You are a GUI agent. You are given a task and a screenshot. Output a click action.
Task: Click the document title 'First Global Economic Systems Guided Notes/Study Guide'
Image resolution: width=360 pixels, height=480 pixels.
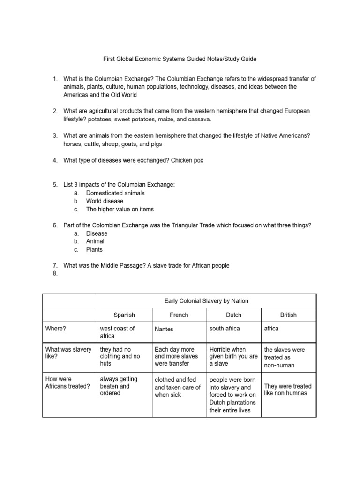coord(180,60)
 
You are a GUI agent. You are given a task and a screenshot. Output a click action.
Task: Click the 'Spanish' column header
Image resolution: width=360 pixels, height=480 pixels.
coord(124,315)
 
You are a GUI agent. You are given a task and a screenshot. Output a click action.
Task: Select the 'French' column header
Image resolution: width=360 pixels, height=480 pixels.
coord(179,315)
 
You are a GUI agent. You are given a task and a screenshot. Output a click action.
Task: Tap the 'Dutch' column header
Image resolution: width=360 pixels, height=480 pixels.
coord(233,315)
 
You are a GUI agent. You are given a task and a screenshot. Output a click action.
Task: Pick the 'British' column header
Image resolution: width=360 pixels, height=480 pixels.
coord(288,315)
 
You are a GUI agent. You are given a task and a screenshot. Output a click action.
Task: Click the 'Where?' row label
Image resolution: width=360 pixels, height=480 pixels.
coord(55,329)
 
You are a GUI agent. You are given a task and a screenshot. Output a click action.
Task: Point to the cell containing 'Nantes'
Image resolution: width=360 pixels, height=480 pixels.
coord(164,329)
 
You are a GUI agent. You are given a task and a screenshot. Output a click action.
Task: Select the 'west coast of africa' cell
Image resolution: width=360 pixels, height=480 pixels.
coord(117,332)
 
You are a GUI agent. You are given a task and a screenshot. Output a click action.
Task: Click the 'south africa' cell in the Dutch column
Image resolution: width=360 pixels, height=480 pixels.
coord(225,329)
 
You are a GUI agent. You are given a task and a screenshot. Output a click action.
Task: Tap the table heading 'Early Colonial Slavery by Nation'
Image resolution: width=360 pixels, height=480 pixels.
coord(206,301)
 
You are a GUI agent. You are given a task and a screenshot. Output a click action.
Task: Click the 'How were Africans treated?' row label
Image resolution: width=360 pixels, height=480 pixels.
coord(67,382)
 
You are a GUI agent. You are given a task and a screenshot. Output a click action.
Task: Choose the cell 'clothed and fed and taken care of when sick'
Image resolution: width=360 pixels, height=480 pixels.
coord(178,387)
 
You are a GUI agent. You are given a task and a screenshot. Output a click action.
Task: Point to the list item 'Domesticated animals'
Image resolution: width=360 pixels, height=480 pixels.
coord(115,193)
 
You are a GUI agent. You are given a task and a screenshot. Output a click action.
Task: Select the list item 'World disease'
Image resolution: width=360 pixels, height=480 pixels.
coord(105,201)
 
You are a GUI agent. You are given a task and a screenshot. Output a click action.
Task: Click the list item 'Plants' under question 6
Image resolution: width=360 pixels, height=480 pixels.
coord(94,249)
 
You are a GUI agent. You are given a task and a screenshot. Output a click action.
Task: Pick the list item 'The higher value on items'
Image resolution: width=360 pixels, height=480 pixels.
coord(120,209)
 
